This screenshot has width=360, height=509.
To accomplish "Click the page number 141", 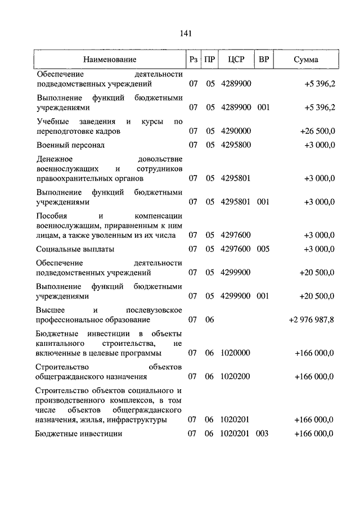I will pos(186,33).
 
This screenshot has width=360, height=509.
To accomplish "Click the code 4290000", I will pos(236,131).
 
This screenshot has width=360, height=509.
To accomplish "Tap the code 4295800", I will pos(236,145).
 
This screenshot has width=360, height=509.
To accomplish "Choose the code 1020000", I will pos(236,353).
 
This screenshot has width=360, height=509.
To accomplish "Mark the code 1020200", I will pos(236,376).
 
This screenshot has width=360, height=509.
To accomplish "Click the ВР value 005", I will pos(263,249).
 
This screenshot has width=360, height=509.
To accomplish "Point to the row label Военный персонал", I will pos(70,145).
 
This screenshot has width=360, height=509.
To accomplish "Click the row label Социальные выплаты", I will pos(75,249).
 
